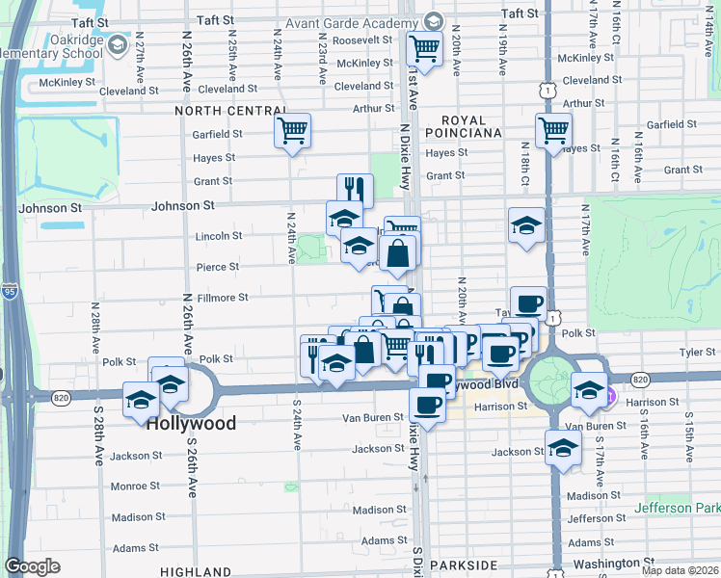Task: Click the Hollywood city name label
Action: [191, 424]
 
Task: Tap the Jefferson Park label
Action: [678, 508]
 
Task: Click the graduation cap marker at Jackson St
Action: [563, 445]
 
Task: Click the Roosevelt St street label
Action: [361, 41]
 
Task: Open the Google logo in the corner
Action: [32, 566]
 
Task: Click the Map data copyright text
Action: [679, 571]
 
